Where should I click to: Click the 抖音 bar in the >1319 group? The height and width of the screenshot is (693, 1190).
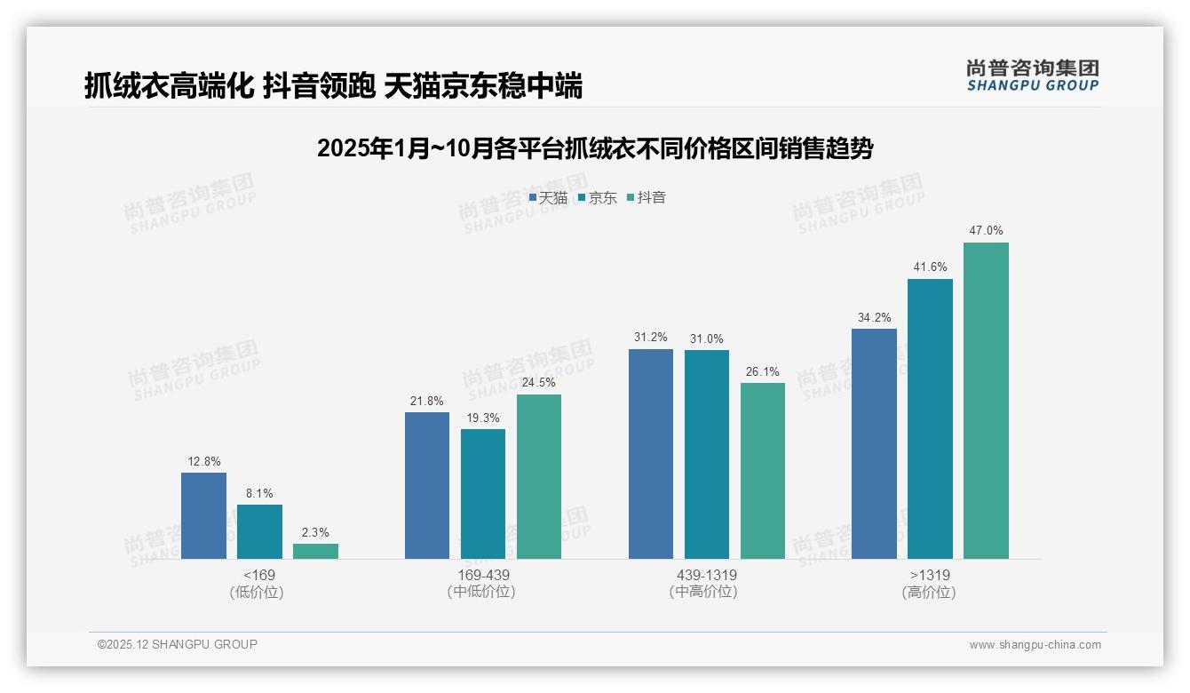[986, 401]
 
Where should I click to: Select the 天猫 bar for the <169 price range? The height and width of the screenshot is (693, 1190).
[203, 515]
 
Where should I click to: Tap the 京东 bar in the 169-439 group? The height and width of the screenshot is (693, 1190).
[483, 494]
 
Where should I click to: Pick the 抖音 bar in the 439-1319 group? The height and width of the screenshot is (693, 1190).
[763, 471]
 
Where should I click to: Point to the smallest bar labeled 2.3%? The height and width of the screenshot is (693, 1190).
[315, 551]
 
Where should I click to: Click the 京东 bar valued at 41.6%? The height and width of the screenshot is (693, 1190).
[930, 418]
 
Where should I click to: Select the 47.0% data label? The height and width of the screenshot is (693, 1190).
[986, 230]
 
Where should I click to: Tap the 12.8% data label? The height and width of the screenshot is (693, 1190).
[203, 461]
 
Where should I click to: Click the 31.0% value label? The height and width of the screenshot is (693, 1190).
[706, 339]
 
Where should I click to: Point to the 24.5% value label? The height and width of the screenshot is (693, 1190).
[539, 383]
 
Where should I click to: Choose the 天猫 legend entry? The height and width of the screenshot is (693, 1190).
[548, 197]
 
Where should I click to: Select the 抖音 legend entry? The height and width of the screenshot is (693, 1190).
[647, 197]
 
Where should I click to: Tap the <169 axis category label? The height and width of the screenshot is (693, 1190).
[259, 575]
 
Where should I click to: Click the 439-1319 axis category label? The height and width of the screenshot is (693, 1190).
[706, 575]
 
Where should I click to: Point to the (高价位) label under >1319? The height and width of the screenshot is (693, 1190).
[929, 592]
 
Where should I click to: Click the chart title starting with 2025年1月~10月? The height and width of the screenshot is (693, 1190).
[595, 148]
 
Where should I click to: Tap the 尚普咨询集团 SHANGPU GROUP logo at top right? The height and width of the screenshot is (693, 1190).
[1032, 76]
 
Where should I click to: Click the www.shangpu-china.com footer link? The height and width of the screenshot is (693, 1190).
[1035, 644]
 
